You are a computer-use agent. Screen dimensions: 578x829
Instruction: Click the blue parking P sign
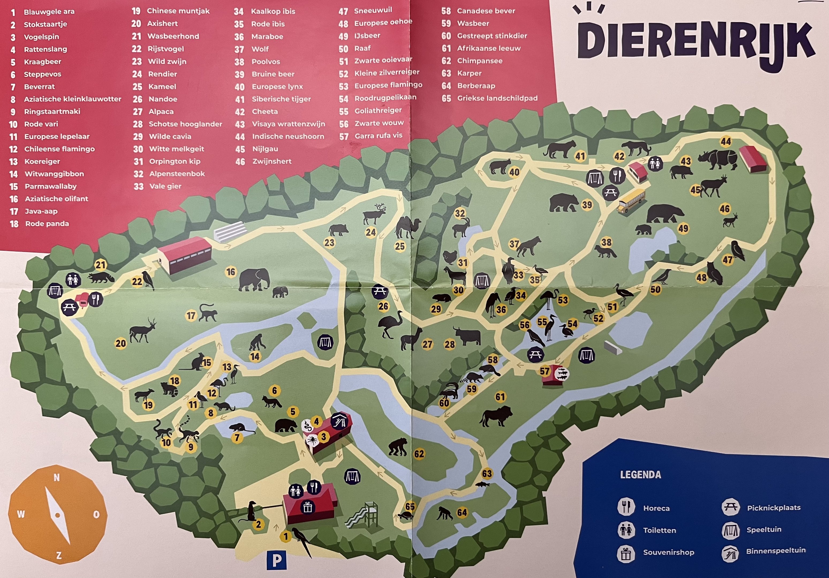(x=277, y=560)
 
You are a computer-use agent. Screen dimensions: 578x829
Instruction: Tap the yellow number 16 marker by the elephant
(x=231, y=272)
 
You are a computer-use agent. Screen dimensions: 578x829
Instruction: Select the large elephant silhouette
(x=254, y=279)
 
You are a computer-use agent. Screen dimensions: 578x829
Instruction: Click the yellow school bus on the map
(x=631, y=201)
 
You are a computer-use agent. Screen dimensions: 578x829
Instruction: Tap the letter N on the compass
(x=57, y=478)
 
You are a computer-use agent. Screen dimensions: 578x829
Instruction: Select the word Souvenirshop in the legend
(x=668, y=552)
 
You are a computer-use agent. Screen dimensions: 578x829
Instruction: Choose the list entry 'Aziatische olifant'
(x=56, y=199)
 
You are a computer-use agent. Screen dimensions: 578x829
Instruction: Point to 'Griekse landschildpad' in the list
(x=497, y=98)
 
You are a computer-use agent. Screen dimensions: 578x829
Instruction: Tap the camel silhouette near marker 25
(x=408, y=227)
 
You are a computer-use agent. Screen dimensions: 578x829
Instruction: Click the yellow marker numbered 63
(x=487, y=473)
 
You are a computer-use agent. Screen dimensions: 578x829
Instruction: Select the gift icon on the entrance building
(x=307, y=508)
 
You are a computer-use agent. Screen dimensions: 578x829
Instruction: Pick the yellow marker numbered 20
(x=121, y=343)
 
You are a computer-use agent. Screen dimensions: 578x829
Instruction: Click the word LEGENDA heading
(x=640, y=475)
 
